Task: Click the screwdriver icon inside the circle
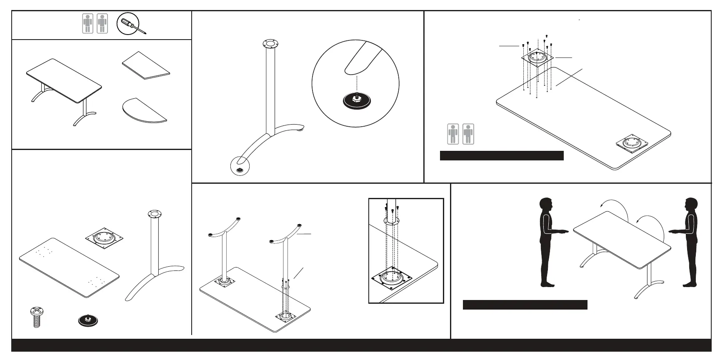pyautogui.click(x=131, y=24)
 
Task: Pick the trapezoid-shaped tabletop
pyautogui.click(x=146, y=65)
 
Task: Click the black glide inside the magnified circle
pyautogui.click(x=357, y=100)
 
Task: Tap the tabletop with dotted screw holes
pyautogui.click(x=69, y=267)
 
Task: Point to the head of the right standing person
pyautogui.click(x=691, y=205)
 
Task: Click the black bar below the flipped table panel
pyautogui.click(x=525, y=305)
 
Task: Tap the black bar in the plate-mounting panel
pyautogui.click(x=502, y=156)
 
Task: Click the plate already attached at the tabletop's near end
pyautogui.click(x=632, y=143)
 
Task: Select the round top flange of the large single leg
pyautogui.click(x=270, y=43)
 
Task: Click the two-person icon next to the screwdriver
pyautogui.click(x=95, y=23)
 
